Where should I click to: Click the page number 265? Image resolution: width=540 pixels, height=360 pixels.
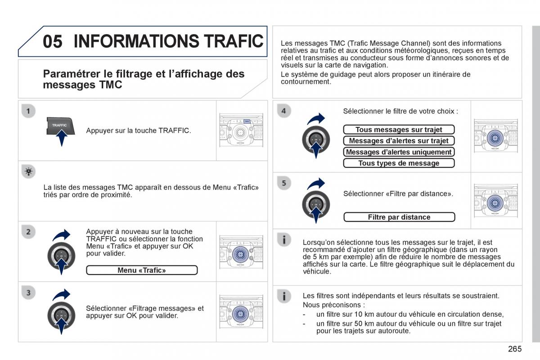pyautogui.click(x=515, y=349)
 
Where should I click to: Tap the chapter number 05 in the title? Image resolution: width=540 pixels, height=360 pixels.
pyautogui.click(x=53, y=41)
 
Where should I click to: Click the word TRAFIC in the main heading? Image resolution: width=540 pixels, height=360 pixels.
pyautogui.click(x=234, y=41)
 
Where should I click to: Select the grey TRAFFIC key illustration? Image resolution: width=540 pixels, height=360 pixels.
pyautogui.click(x=60, y=126)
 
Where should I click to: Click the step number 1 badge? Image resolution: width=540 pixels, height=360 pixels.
pyautogui.click(x=28, y=111)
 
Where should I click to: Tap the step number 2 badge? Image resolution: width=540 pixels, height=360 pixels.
pyautogui.click(x=28, y=232)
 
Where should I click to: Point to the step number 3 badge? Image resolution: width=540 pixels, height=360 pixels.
pyautogui.click(x=28, y=292)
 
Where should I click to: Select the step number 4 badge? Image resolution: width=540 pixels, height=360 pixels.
pyautogui.click(x=284, y=111)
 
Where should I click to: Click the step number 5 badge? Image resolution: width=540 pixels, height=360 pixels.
pyautogui.click(x=284, y=183)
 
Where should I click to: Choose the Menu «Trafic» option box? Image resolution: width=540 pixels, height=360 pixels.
pyautogui.click(x=142, y=270)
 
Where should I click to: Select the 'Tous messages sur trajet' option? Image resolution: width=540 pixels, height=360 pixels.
pyautogui.click(x=399, y=130)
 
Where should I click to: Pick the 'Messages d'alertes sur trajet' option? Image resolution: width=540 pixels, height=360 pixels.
pyautogui.click(x=399, y=140)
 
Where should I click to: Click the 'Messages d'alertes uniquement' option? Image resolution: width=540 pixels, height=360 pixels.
pyautogui.click(x=399, y=152)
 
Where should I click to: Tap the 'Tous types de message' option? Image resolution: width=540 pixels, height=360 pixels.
pyautogui.click(x=399, y=163)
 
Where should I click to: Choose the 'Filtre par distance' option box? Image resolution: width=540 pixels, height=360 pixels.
pyautogui.click(x=399, y=217)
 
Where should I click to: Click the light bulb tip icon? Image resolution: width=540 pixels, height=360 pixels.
pyautogui.click(x=28, y=172)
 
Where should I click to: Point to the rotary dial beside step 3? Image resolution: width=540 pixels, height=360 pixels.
pyautogui.click(x=61, y=315)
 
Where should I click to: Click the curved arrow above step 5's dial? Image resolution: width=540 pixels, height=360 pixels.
pyautogui.click(x=316, y=184)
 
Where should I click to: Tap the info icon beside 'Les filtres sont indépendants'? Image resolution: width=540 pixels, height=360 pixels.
pyautogui.click(x=284, y=297)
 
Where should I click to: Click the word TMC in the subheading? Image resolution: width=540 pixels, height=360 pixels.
pyautogui.click(x=110, y=85)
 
